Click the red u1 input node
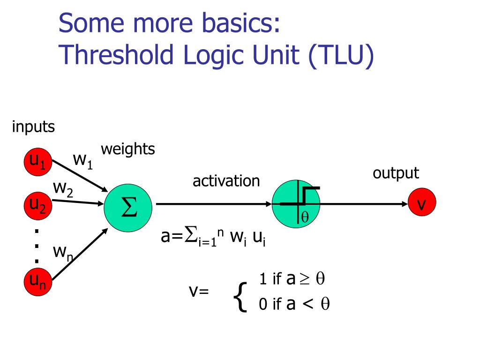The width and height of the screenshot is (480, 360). [x=37, y=162]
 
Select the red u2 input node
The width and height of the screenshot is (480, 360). [x=37, y=205]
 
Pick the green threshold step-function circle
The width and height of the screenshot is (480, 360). [x=296, y=204]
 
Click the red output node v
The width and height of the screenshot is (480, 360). [x=421, y=204]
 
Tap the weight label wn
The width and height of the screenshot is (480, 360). [x=62, y=253]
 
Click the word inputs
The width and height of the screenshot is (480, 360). [x=34, y=127]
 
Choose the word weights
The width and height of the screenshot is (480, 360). [x=128, y=150]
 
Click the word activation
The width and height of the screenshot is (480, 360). [x=226, y=180]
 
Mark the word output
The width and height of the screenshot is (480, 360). [x=396, y=173]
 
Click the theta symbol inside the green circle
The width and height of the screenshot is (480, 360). [x=305, y=217]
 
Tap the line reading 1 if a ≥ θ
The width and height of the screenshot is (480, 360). [x=292, y=279]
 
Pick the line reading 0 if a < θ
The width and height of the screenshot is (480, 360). [x=294, y=304]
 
